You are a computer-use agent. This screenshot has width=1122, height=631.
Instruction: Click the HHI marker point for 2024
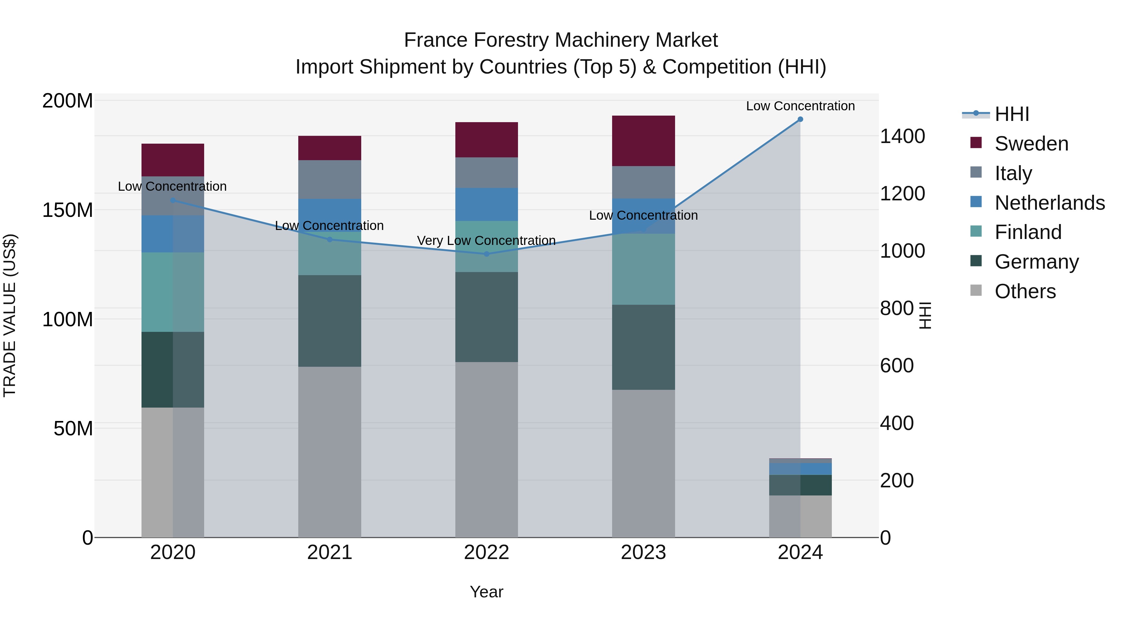[800, 119]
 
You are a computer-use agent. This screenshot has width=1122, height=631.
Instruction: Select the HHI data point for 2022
[487, 254]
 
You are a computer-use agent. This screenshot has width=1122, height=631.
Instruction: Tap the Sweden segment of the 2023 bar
[643, 141]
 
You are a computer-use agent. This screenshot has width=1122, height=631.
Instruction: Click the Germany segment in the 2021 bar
[330, 321]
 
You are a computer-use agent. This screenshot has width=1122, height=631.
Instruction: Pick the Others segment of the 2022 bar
[487, 449]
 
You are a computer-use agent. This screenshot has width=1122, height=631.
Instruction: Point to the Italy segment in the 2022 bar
[487, 172]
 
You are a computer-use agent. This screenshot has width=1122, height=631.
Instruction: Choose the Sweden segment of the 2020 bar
[173, 160]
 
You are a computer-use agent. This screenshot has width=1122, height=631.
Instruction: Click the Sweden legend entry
[1031, 144]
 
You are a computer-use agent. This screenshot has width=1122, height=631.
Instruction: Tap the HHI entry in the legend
[1011, 114]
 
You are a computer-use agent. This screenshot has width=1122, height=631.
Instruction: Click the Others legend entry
[1025, 291]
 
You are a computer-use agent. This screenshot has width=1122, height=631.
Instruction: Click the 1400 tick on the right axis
[902, 136]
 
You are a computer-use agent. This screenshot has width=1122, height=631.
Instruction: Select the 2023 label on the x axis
[643, 552]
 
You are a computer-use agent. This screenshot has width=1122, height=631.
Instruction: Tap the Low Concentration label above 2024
[800, 106]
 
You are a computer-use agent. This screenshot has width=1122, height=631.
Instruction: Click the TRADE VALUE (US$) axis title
[10, 315]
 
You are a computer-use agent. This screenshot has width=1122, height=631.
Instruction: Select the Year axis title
[487, 592]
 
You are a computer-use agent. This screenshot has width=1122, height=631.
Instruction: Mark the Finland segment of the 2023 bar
[643, 269]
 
